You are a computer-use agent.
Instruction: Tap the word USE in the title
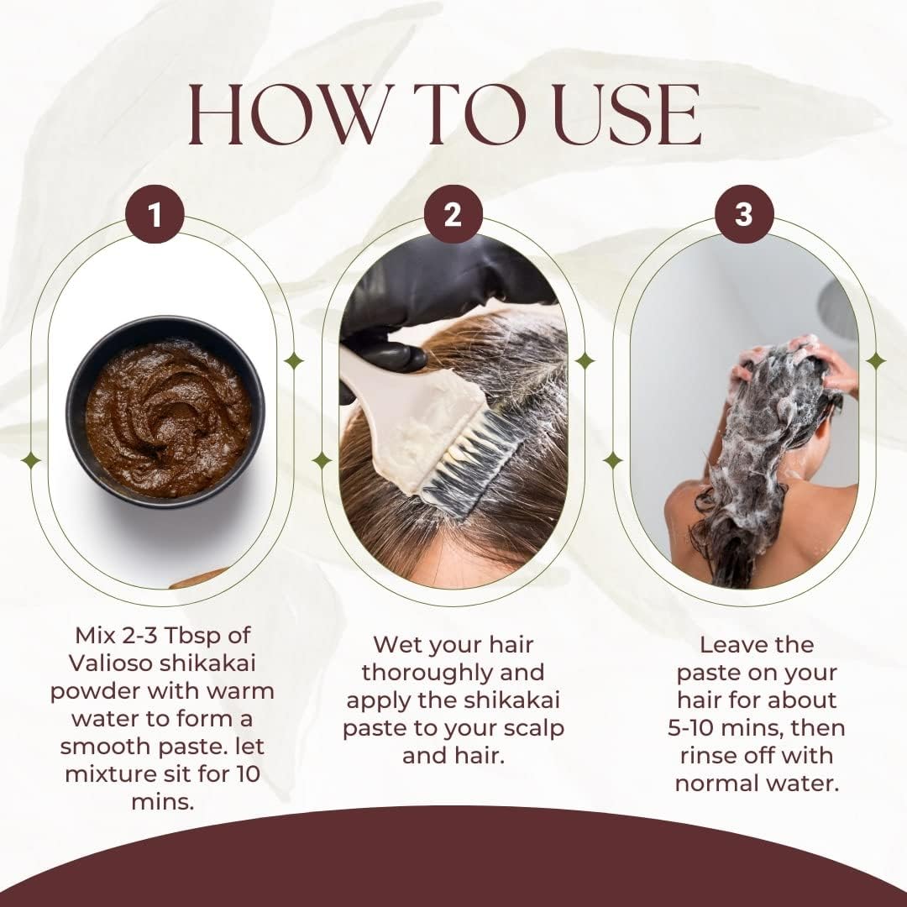[627, 114]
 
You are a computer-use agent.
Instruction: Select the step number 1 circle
[155, 214]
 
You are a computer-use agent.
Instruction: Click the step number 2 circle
[453, 214]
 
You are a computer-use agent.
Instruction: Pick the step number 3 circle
[744, 214]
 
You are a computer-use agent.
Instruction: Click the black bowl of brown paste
[165, 412]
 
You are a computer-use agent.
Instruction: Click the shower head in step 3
[839, 309]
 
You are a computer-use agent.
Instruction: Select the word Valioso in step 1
[111, 663]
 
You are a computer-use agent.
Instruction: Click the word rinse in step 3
[709, 756]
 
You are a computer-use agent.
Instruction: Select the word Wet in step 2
[394, 644]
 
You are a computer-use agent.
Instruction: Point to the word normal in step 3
[716, 784]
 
